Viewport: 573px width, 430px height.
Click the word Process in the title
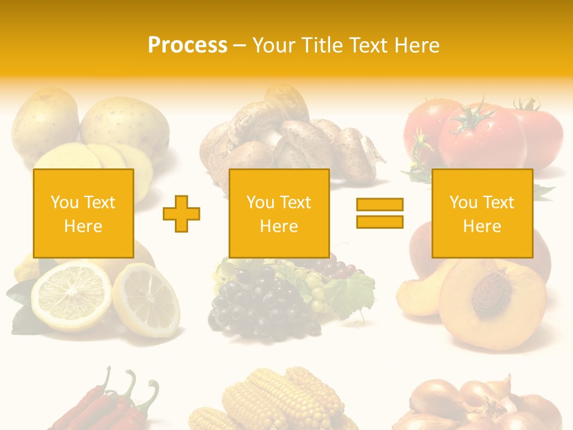[187, 45]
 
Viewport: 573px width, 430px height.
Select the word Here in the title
[416, 45]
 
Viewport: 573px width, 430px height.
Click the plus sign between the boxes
[181, 213]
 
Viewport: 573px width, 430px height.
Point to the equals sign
[380, 213]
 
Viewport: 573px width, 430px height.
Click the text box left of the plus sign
[84, 213]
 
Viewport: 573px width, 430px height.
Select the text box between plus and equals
[279, 213]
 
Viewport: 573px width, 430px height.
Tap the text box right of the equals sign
[482, 213]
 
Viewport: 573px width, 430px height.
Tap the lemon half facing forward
[70, 296]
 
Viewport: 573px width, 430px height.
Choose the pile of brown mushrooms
[286, 140]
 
